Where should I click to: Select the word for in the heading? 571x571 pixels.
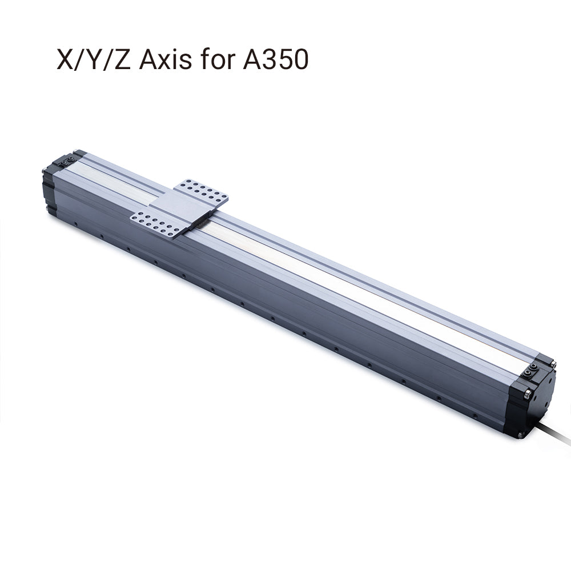217,59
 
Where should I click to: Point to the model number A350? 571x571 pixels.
273,59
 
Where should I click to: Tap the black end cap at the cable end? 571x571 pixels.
534,400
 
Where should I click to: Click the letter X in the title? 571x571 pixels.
65,59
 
